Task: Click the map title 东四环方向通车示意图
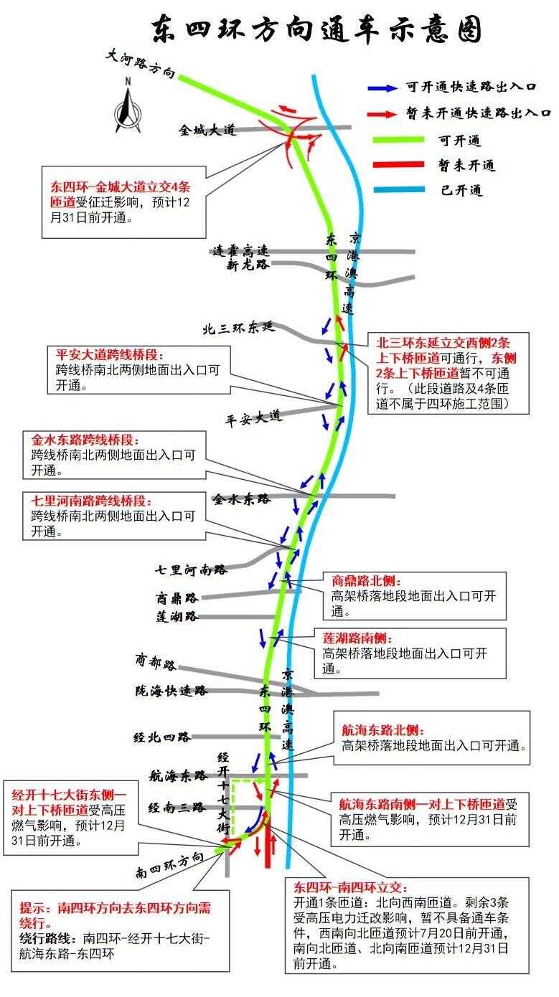tap(316, 29)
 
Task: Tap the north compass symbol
tap(128, 106)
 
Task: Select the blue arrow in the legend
tap(382, 88)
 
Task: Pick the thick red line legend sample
tap(399, 164)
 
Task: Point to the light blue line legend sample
tap(399, 189)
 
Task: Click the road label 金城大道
tap(207, 130)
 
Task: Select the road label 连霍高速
tap(240, 250)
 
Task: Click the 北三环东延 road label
tap(239, 328)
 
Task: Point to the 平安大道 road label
tap(253, 418)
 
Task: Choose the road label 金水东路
tap(242, 499)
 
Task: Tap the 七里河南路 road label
tap(191, 570)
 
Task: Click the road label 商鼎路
tap(177, 597)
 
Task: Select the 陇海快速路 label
tap(172, 691)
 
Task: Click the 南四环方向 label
tap(169, 866)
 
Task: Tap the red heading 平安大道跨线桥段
tap(110, 354)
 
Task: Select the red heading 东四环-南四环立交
tap(350, 887)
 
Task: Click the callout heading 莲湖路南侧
tap(357, 638)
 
